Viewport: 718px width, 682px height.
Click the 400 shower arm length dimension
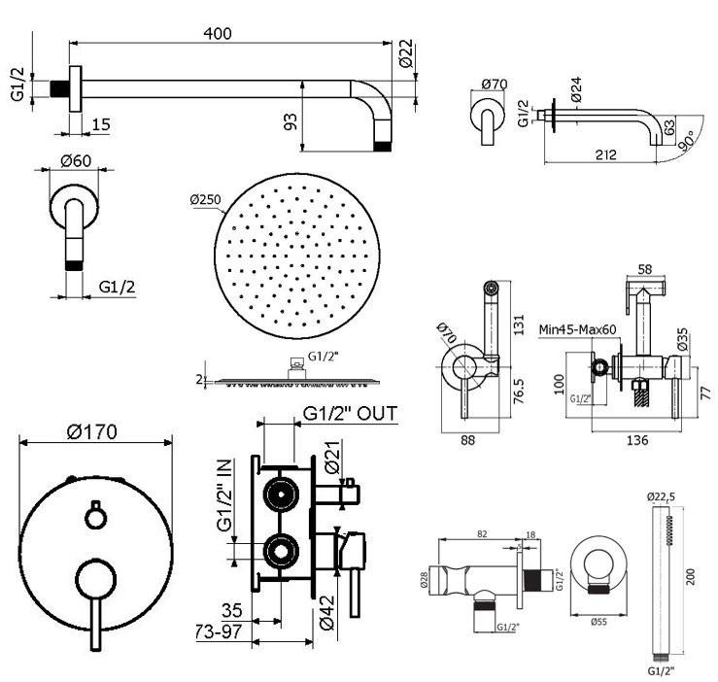219,32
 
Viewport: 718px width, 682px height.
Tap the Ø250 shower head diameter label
206,200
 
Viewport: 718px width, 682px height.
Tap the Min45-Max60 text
579,328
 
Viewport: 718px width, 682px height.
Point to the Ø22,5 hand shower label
660,496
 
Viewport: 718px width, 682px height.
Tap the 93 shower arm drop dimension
290,121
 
